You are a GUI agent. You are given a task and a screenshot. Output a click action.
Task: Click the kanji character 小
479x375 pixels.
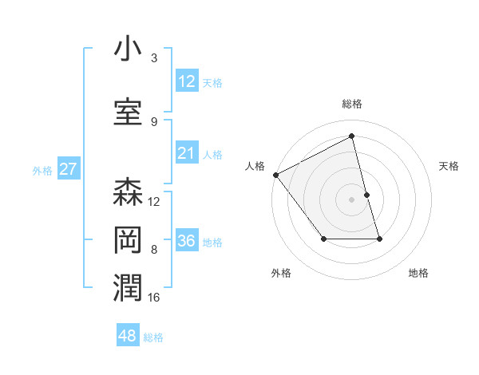tap(128, 49)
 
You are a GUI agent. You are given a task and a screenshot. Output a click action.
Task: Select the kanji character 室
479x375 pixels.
tap(128, 112)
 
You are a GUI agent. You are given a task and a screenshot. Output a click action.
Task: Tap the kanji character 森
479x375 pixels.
tap(128, 192)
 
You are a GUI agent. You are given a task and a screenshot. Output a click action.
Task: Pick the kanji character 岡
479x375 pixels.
tap(128, 239)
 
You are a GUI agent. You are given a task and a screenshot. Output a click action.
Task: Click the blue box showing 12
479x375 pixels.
tap(187, 81)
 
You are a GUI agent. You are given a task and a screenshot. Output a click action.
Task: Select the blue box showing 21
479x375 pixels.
tap(187, 153)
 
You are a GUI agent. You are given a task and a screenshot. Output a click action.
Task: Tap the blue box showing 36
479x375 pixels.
tap(187, 241)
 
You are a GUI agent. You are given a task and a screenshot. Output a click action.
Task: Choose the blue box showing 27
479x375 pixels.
tap(69, 169)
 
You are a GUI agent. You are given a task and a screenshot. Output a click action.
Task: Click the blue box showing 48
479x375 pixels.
tap(128, 336)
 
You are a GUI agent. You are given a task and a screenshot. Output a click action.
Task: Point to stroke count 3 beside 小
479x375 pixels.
tap(154, 58)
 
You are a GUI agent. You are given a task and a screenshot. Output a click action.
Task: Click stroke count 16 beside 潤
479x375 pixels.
tap(154, 297)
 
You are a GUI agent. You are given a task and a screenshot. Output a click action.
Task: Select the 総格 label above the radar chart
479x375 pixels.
tap(352, 104)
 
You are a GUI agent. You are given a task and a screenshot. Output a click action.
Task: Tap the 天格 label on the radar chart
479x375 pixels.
tap(449, 166)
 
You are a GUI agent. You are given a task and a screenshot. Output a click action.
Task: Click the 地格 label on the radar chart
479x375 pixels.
tap(418, 273)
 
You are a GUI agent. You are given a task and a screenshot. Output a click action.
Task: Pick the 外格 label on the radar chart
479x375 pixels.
tap(281, 273)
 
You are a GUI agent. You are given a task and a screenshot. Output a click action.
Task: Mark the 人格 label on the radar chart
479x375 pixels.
tap(255, 166)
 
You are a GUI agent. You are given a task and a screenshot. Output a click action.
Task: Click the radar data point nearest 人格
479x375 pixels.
tap(275, 175)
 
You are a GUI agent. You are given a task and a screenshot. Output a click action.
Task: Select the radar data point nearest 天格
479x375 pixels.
tap(366, 195)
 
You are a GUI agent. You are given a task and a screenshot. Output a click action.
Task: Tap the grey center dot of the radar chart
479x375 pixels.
tap(351, 199)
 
